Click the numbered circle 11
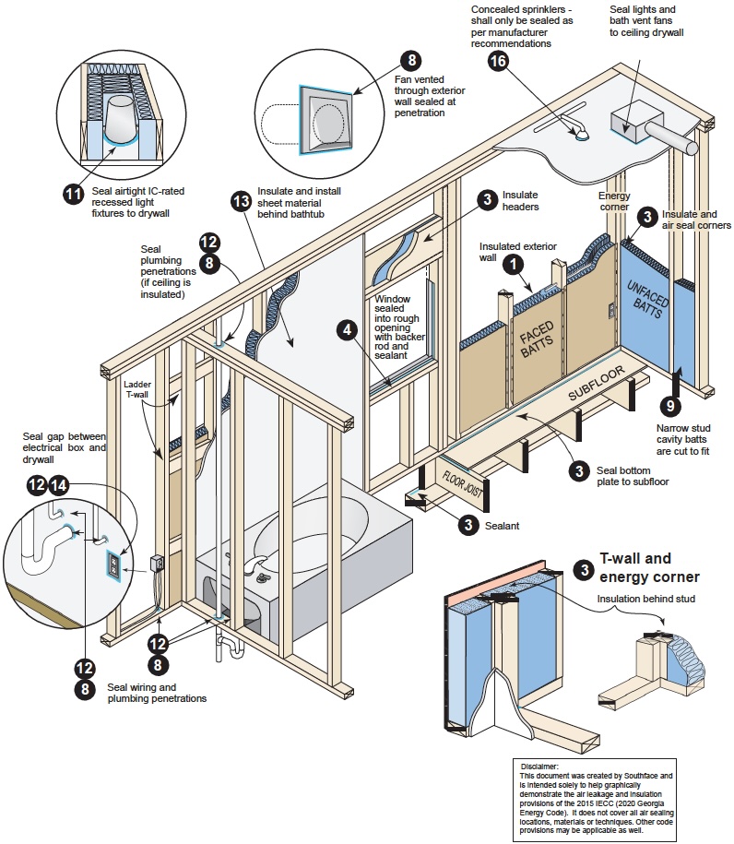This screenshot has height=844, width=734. click(x=73, y=194)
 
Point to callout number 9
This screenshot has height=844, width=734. click(x=670, y=404)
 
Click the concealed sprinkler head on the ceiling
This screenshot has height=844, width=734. click(x=582, y=137)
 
